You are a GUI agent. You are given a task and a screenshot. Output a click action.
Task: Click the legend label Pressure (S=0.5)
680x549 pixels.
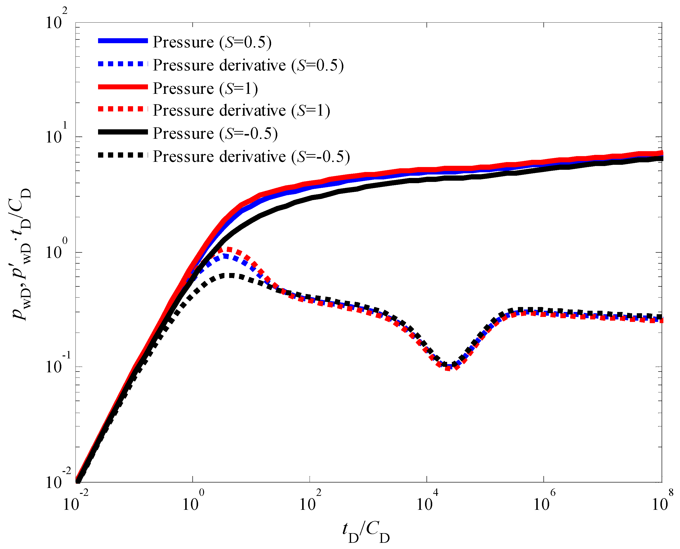click(x=212, y=42)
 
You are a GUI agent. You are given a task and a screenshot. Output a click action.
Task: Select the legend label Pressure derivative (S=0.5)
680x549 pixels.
click(x=248, y=65)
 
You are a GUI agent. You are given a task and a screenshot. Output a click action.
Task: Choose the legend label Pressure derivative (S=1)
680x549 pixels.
click(x=241, y=111)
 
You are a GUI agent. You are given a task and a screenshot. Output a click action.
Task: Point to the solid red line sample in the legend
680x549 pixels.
click(x=123, y=87)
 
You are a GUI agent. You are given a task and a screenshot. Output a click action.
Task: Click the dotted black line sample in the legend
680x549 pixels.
click(x=123, y=155)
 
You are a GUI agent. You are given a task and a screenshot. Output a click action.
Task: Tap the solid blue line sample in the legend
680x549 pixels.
click(x=123, y=41)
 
